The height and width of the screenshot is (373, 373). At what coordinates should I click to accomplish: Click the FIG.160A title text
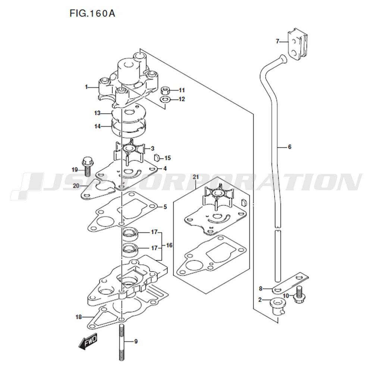pyautogui.click(x=92, y=13)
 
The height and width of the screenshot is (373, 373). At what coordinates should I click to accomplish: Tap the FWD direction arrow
pyautogui.click(x=88, y=341)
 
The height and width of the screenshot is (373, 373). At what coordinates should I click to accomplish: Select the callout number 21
pyautogui.click(x=195, y=177)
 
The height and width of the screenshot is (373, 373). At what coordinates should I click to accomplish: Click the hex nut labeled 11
pyautogui.click(x=165, y=90)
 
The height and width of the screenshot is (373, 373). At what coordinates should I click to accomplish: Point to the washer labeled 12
pyautogui.click(x=165, y=99)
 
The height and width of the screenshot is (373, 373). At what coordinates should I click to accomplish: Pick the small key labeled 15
pyautogui.click(x=156, y=157)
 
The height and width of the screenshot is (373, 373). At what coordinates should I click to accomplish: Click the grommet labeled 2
pyautogui.click(x=277, y=307)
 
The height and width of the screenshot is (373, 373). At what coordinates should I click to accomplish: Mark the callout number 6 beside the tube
pyautogui.click(x=289, y=147)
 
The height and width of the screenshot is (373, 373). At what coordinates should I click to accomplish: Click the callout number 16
pyautogui.click(x=169, y=245)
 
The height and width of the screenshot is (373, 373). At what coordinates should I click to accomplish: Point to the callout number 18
pyautogui.click(x=79, y=317)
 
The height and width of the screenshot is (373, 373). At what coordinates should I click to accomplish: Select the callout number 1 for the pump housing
pyautogui.click(x=87, y=87)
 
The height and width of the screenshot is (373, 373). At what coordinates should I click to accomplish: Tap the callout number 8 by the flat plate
pyautogui.click(x=260, y=289)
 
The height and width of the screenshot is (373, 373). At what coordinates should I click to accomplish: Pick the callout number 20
pyautogui.click(x=76, y=185)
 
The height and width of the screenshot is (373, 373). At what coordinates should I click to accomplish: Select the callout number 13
pyautogui.click(x=97, y=113)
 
